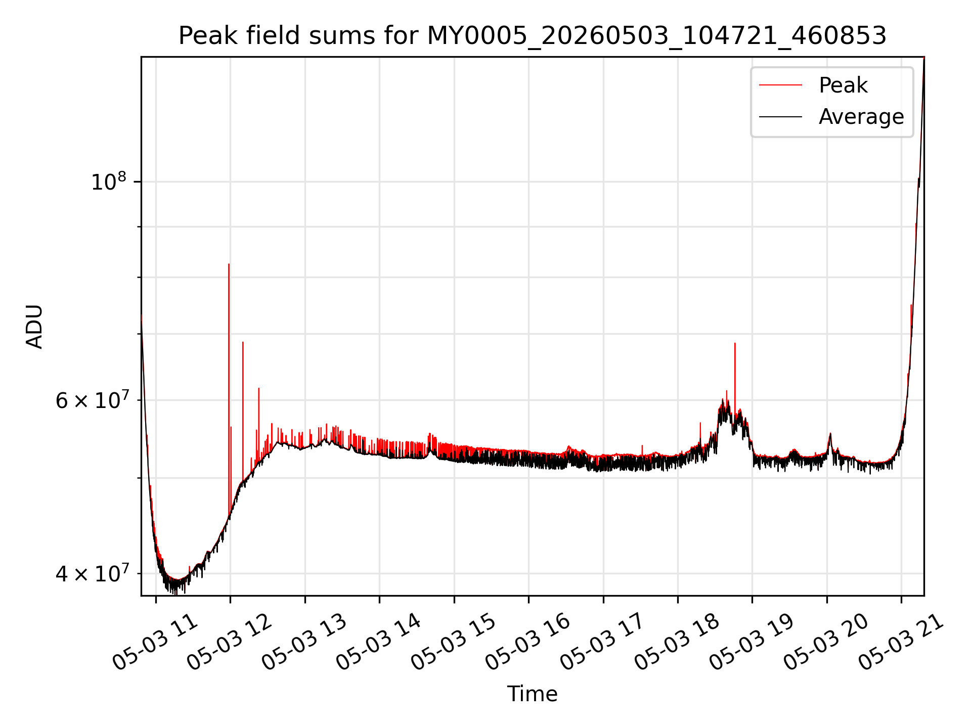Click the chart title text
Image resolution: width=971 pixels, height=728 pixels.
(533, 36)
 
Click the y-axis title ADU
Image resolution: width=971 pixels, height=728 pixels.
(34, 327)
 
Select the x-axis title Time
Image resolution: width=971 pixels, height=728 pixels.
(533, 694)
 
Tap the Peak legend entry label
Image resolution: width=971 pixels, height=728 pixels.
(843, 85)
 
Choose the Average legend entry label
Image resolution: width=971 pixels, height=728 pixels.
(861, 117)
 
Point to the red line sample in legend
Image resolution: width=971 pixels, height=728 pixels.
(780, 85)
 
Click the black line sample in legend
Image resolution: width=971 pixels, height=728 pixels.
(780, 117)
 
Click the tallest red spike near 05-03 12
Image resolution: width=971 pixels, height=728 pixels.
(229, 264)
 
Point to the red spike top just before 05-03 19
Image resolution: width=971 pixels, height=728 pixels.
(735, 343)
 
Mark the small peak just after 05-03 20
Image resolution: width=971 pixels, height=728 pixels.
(830, 434)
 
